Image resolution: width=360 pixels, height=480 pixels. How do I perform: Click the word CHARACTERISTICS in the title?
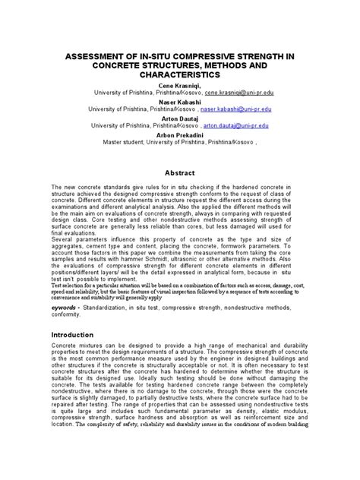click(x=180, y=77)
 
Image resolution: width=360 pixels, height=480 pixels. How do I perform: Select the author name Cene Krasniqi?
click(x=180, y=87)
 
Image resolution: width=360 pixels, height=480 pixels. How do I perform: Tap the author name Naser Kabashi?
click(x=180, y=103)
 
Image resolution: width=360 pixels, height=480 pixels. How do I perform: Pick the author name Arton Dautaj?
click(x=180, y=118)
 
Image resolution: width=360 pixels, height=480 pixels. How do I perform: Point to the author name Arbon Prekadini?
click(x=180, y=134)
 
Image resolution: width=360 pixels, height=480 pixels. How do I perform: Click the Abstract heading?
click(x=180, y=172)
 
